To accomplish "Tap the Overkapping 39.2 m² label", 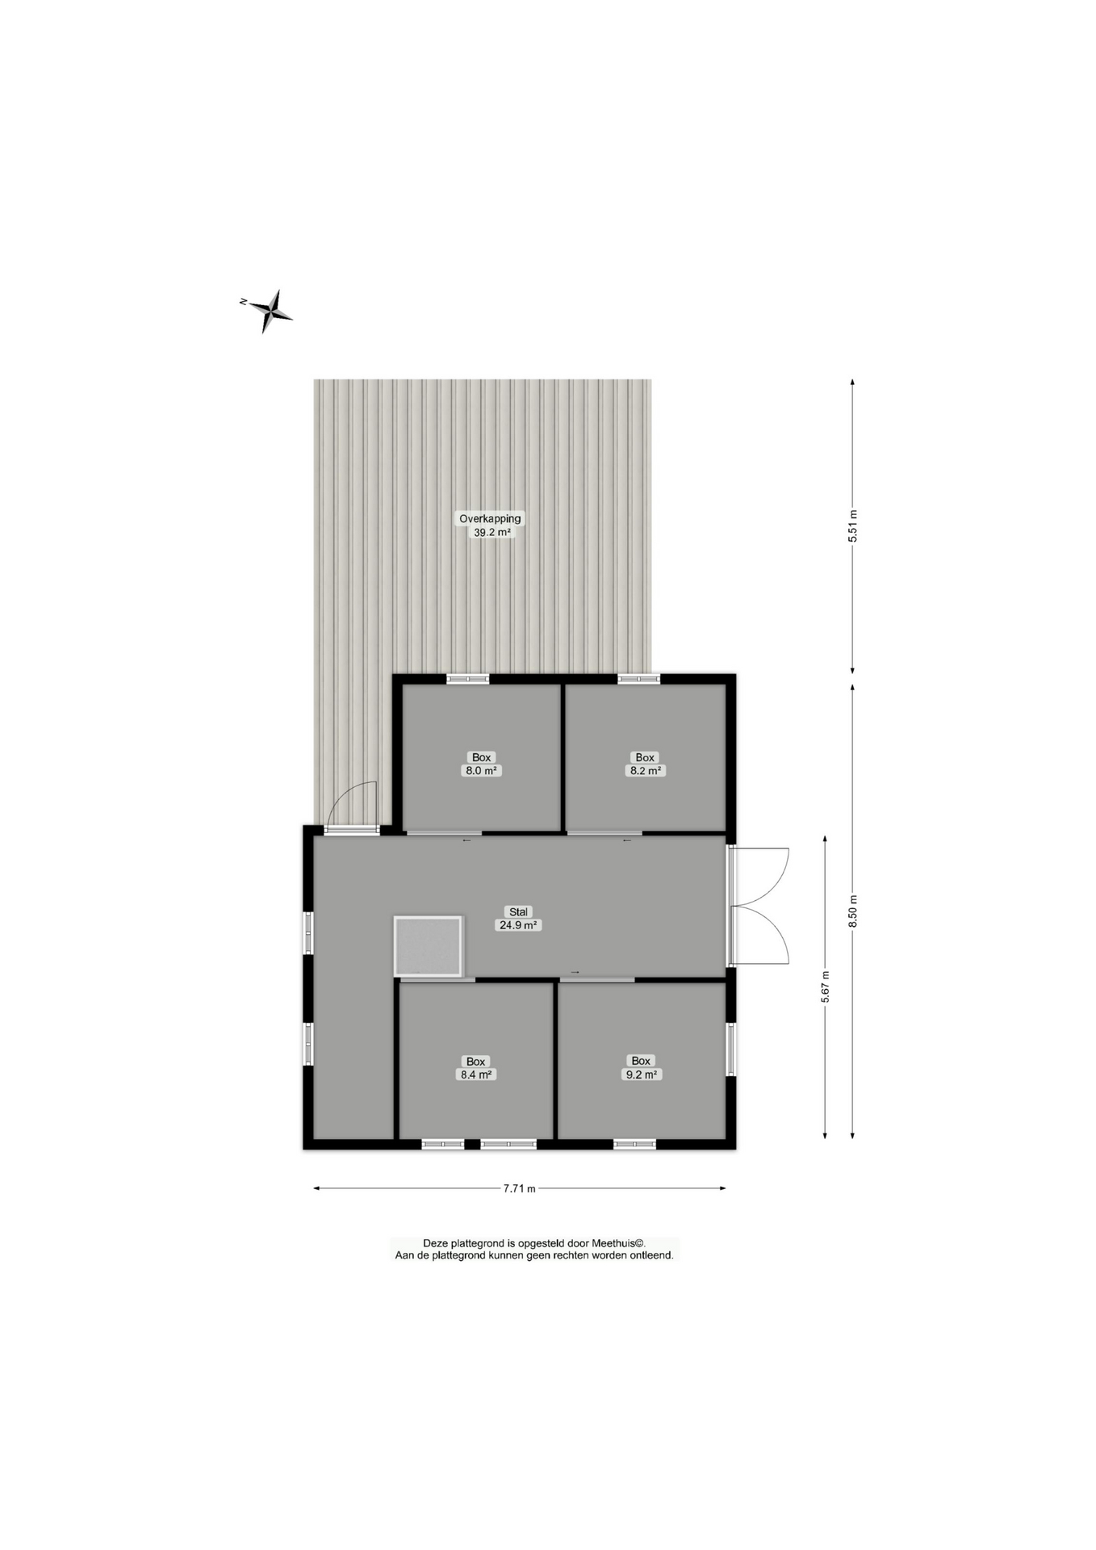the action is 490,526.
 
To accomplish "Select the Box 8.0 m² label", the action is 481,764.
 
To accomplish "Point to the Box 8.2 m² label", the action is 645,764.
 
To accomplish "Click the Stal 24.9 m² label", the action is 518,919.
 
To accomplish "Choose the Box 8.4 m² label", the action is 475,1068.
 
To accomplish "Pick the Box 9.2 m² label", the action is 641,1067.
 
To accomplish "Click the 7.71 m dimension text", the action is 519,1188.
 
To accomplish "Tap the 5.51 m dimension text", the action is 852,526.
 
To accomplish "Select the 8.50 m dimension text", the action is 852,911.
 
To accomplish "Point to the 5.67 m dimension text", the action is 825,987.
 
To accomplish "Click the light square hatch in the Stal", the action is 428,945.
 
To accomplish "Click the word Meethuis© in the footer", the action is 618,1243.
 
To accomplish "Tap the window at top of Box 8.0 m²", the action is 468,679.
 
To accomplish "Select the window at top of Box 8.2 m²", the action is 638,679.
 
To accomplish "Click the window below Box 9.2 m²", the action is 634,1144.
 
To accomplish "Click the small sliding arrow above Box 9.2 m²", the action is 575,973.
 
